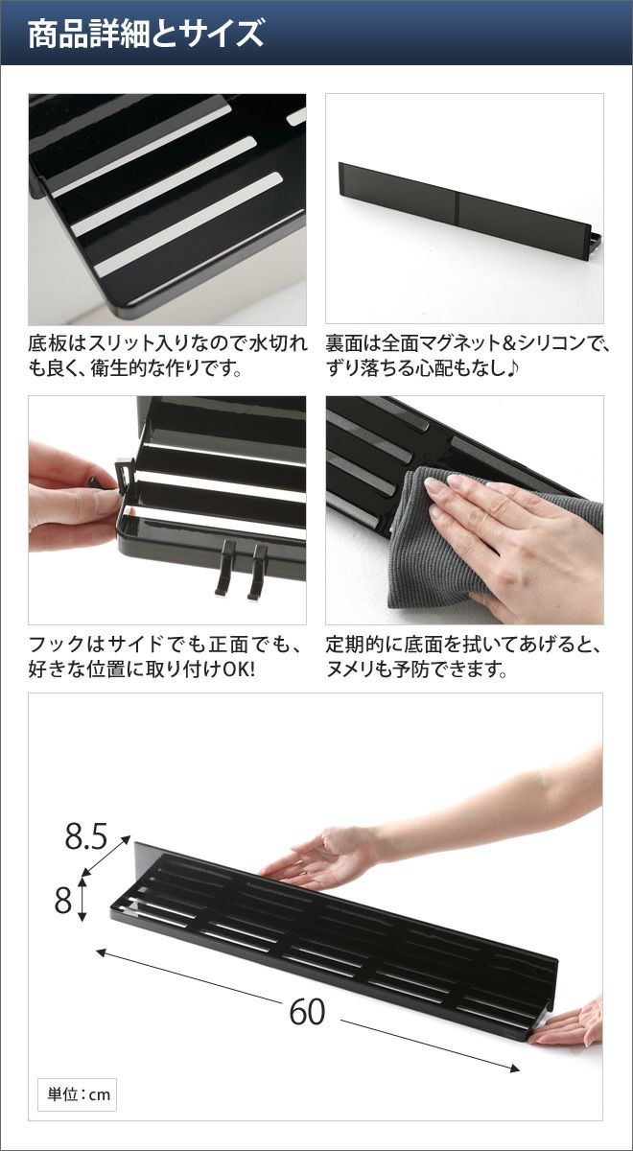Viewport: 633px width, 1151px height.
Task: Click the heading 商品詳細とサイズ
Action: tap(146, 34)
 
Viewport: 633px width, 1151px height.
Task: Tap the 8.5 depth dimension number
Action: tap(86, 836)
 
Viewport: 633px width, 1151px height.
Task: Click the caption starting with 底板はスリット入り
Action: tap(168, 355)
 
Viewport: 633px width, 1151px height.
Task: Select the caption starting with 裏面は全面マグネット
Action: tap(466, 355)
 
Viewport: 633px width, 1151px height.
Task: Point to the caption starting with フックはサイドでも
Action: tap(165, 656)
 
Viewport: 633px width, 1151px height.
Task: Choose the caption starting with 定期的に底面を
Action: tap(463, 656)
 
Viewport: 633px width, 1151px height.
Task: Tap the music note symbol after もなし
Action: tap(513, 368)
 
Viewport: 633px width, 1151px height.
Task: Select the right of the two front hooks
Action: tap(257, 573)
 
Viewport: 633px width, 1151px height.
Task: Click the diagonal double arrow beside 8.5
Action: tap(105, 855)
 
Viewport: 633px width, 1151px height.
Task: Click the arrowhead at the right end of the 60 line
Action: tap(514, 1066)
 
